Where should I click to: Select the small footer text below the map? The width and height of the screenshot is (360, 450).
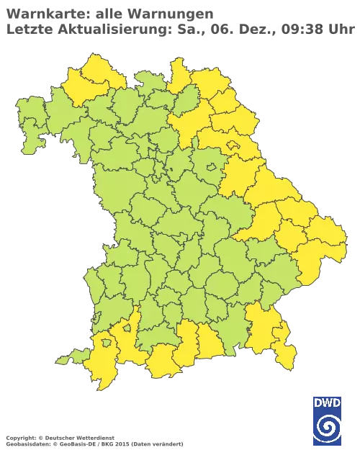pyautogui.click(x=94, y=438)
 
